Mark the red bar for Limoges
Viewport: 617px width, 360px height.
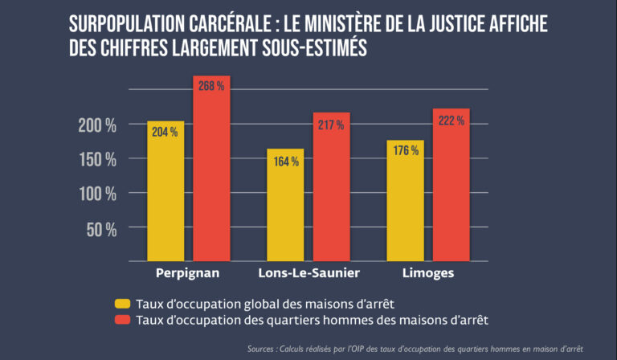(x=450, y=189)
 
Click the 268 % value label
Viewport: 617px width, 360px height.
(x=211, y=87)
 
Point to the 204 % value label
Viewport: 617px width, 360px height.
(x=165, y=132)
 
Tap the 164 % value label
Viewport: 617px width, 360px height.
(x=285, y=161)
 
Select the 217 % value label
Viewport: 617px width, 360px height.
(x=331, y=125)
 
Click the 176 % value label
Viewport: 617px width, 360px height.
(x=404, y=151)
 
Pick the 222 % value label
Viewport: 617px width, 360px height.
(x=450, y=120)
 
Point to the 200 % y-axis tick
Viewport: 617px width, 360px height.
(x=97, y=125)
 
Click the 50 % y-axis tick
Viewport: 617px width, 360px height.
(x=102, y=229)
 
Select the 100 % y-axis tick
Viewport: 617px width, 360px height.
(x=97, y=194)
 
